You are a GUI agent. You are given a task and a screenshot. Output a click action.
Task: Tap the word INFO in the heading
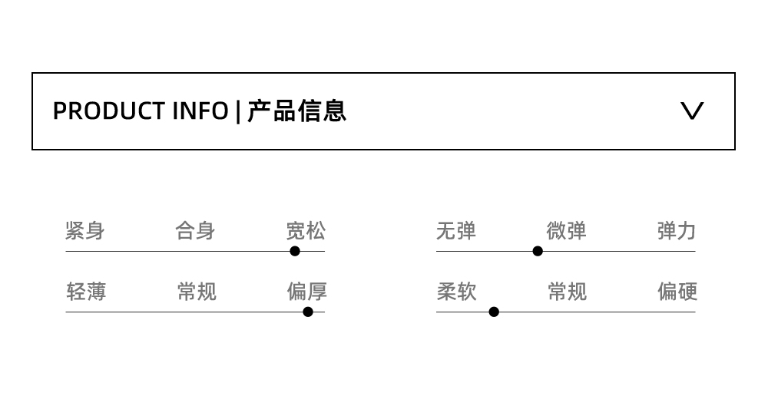click(200, 111)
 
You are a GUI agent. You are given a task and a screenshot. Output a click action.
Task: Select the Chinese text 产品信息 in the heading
click(297, 111)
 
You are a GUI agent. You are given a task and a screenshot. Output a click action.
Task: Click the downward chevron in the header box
click(692, 111)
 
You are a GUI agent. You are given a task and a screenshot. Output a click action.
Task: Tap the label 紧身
click(85, 230)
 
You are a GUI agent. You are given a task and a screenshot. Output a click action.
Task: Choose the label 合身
click(195, 230)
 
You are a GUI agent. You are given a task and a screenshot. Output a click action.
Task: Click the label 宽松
click(306, 230)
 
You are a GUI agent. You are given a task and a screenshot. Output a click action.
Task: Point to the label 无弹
click(456, 230)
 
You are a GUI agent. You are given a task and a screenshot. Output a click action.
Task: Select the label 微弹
click(566, 230)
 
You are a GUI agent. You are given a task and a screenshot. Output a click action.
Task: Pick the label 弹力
click(676, 230)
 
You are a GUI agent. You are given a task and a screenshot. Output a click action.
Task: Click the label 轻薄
click(86, 292)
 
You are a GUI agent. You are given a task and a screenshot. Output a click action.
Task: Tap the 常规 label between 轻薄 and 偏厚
click(197, 292)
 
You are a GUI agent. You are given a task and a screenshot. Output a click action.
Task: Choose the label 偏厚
click(306, 292)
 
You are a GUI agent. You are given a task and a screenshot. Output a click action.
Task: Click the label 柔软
click(456, 292)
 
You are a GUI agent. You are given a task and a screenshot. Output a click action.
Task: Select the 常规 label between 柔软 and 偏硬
click(567, 292)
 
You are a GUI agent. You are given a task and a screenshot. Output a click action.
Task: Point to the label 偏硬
click(677, 292)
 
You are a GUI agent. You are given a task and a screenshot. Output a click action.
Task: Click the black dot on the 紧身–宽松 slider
click(295, 251)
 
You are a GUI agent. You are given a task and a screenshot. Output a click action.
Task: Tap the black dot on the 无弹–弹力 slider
click(538, 251)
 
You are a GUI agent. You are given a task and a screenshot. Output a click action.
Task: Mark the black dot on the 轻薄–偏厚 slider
click(308, 312)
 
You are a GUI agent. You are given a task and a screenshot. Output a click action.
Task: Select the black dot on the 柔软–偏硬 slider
click(494, 312)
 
